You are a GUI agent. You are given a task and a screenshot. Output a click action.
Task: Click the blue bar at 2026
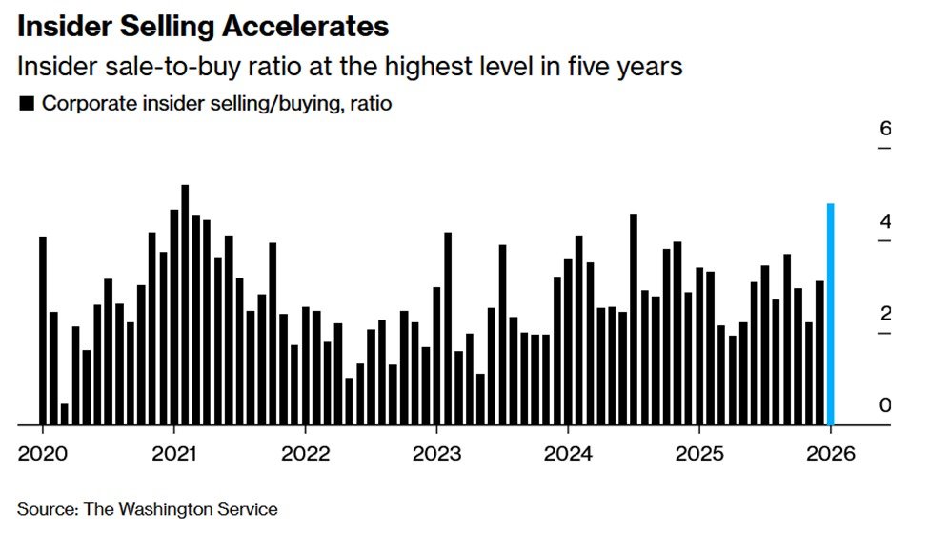click(x=831, y=315)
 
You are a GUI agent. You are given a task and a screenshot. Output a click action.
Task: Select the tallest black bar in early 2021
click(x=185, y=305)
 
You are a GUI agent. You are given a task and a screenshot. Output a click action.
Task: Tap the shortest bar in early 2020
click(x=65, y=414)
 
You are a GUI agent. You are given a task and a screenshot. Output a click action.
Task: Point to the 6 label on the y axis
click(x=884, y=129)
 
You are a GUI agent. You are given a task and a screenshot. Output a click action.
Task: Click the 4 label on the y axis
click(x=884, y=222)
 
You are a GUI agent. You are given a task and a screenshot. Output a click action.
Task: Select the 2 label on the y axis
click(x=884, y=314)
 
